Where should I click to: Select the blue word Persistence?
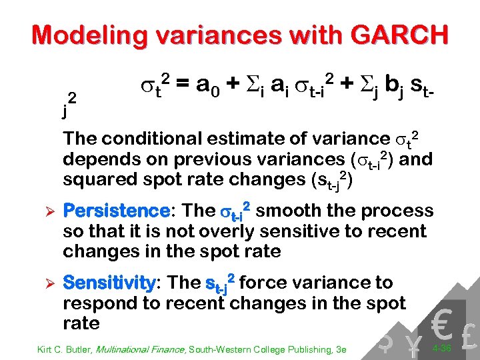(116, 211)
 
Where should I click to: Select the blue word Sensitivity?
(109, 283)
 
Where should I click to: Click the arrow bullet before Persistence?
(41, 212)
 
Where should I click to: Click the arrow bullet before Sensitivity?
(41, 283)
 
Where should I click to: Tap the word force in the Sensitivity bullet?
(265, 283)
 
